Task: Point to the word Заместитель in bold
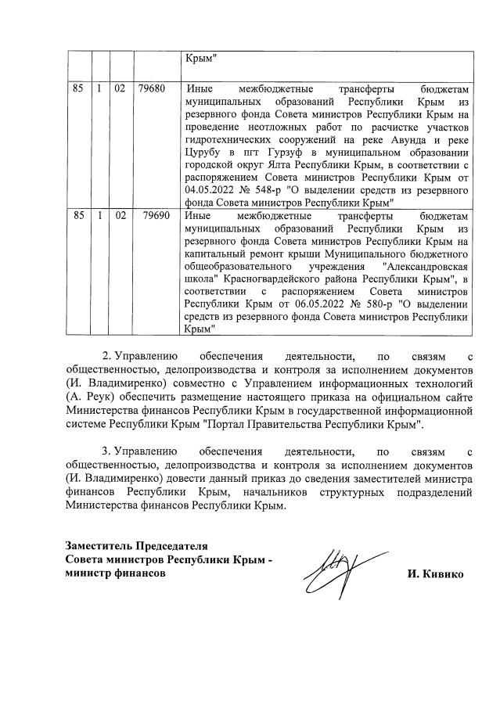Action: (x=99, y=545)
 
